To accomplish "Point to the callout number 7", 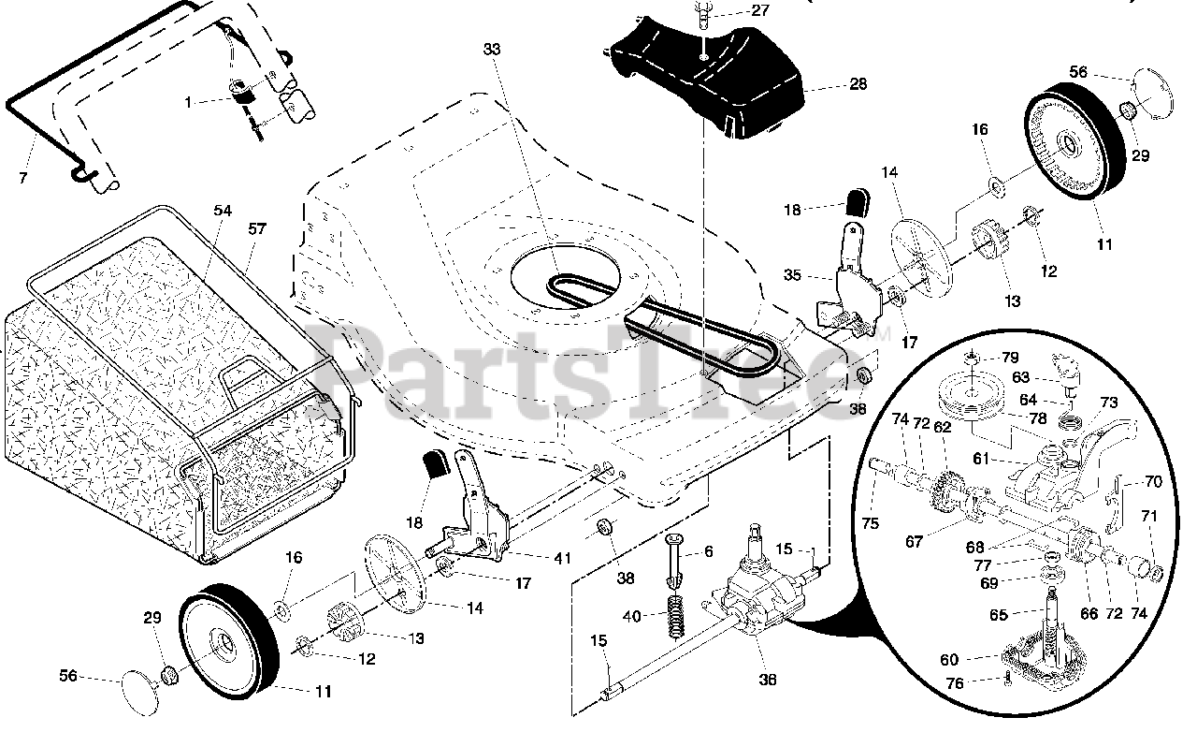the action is [22, 177].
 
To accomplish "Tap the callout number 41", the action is [561, 559].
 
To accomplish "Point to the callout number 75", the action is [871, 524].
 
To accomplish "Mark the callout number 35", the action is [792, 275].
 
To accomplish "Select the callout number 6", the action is [709, 551].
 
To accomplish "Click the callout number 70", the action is [1152, 483].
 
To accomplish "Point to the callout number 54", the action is [222, 212].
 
